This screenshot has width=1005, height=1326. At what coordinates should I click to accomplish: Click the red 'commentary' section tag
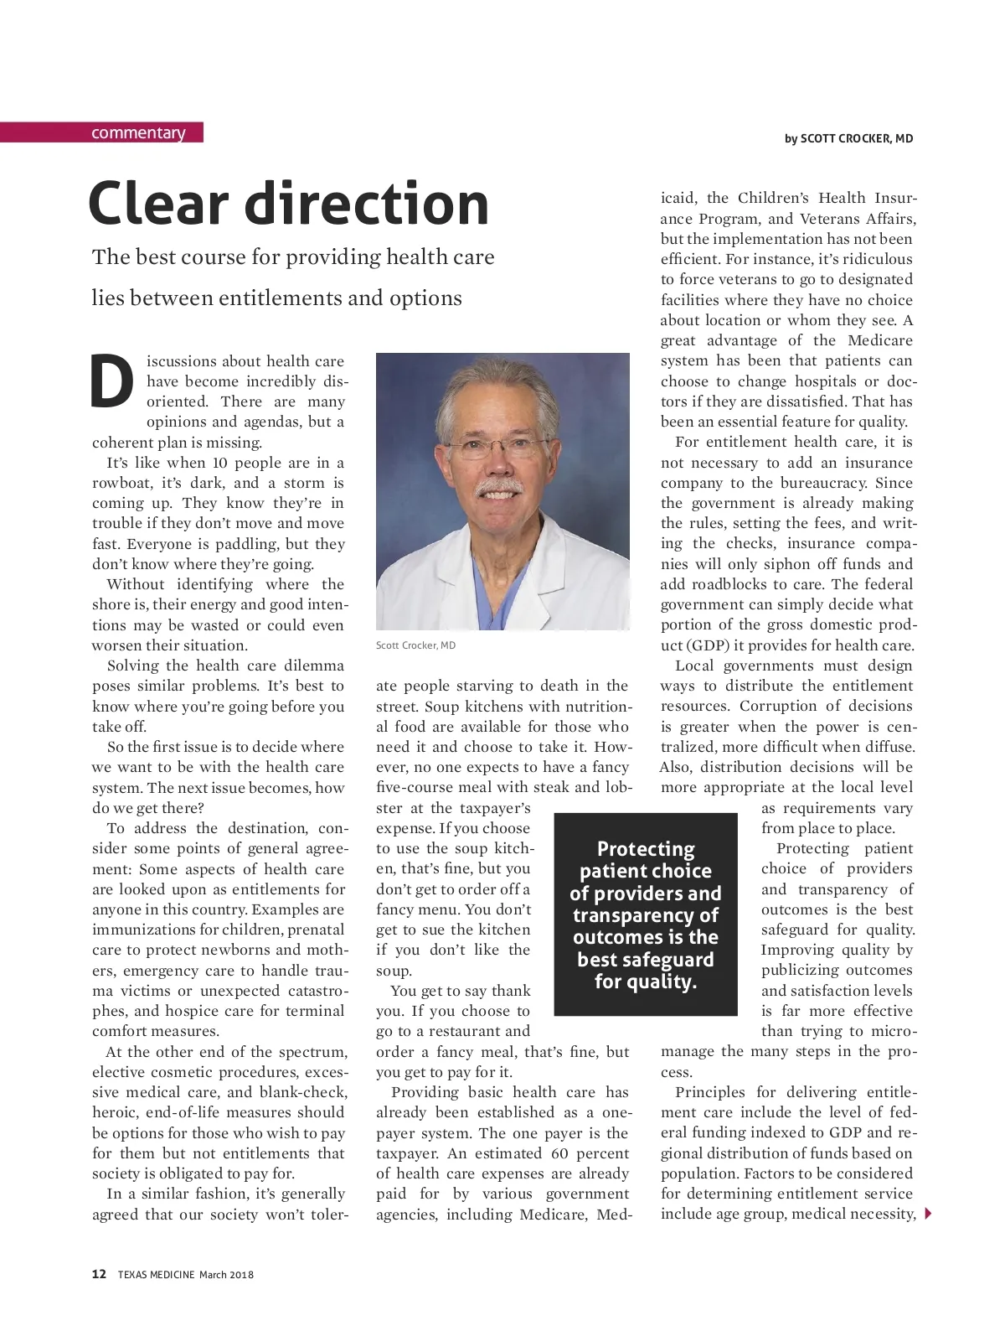pos(138,133)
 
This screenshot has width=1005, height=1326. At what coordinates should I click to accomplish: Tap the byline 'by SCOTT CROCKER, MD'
pos(848,138)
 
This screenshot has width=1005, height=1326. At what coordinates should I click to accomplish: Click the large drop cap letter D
pos(111,382)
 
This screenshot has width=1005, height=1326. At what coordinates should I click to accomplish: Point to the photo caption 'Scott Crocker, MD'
pos(415,645)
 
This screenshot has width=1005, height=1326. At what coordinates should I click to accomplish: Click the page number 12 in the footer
pos(99,1274)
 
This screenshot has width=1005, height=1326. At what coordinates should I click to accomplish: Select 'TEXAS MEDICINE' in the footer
pos(156,1275)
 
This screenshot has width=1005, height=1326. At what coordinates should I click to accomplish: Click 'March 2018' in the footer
pos(226,1275)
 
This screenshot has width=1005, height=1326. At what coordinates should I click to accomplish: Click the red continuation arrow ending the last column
pos(927,1214)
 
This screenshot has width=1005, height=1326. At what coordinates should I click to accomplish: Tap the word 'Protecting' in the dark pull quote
pos(646,849)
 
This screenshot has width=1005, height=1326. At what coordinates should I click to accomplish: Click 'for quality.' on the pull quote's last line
pos(646,982)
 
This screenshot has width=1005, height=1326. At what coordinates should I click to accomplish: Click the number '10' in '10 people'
pos(219,463)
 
